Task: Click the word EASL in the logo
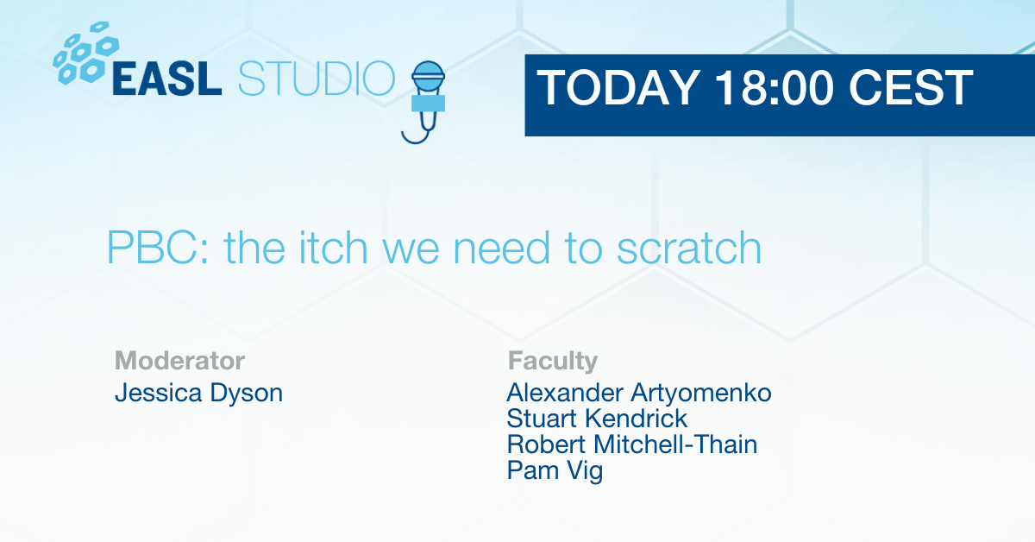[x=166, y=79]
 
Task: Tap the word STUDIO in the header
[x=317, y=79]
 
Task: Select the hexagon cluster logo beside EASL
[x=85, y=54]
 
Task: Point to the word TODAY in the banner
[x=618, y=88]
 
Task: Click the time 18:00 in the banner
[x=775, y=88]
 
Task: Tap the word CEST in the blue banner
[x=911, y=88]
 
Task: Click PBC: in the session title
[x=158, y=249]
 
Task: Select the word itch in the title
[x=333, y=249]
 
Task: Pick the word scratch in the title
[x=689, y=249]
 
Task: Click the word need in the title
[x=501, y=249]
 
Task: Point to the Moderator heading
[x=179, y=361]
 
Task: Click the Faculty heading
[x=553, y=361]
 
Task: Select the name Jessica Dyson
[x=198, y=394]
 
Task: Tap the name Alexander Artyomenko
[x=639, y=393]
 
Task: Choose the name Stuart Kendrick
[x=597, y=419]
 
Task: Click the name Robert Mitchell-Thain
[x=632, y=444]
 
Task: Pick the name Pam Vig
[x=555, y=471]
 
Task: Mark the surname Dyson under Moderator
[x=247, y=394]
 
